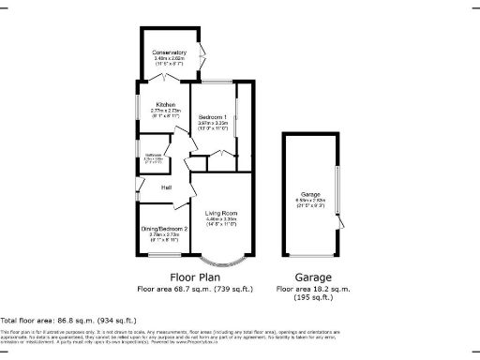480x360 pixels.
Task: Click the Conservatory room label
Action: (171, 52)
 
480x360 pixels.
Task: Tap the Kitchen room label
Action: (165, 104)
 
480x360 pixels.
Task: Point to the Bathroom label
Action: (154, 154)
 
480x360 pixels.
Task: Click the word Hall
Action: (166, 188)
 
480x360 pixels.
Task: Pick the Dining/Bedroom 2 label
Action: (165, 228)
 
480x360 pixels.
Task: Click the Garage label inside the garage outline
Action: (309, 194)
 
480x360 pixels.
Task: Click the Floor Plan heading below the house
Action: (194, 277)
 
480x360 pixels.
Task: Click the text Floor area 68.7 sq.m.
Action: (194, 290)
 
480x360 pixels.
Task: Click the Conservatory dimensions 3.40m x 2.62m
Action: (171, 59)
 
